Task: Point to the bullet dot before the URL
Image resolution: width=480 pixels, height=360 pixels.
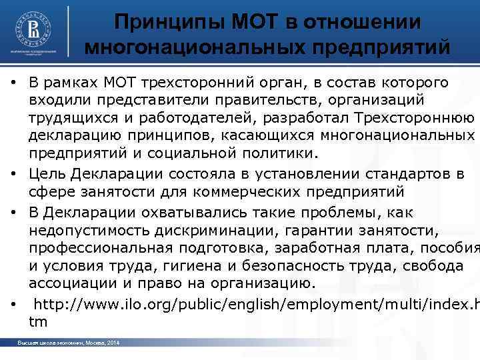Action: click(14, 305)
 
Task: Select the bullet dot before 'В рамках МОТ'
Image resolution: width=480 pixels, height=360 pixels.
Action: click(14, 83)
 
